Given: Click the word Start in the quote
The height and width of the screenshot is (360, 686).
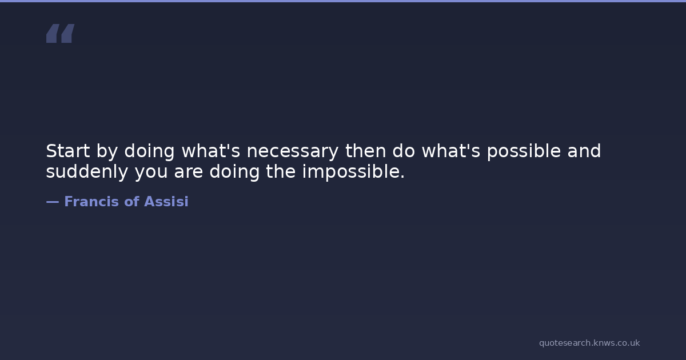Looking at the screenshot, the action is point(68,151).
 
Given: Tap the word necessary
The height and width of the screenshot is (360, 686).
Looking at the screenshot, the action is point(293,151).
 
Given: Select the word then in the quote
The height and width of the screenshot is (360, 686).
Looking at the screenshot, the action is point(366,151).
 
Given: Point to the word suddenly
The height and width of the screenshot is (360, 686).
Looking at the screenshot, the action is point(87,171).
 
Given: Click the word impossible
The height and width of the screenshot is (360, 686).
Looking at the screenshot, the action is point(351,172).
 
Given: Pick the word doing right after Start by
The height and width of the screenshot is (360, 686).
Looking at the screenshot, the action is point(149,151).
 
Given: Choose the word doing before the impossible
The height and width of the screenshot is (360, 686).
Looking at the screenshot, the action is point(234,172).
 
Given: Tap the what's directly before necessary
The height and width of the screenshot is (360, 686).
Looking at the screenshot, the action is point(211,151).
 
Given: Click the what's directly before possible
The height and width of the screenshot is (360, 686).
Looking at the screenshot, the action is point(451,151).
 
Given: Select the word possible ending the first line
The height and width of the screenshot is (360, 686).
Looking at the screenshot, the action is point(524,151).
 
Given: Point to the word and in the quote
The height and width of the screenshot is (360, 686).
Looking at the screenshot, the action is point(584,151).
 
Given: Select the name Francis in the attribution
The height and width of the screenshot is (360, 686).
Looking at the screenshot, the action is point(91,201).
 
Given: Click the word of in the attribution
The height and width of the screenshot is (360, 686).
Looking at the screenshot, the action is point(131,201).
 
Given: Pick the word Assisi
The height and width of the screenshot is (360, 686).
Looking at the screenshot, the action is point(166,201).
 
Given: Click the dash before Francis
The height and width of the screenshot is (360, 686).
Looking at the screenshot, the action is point(53,202).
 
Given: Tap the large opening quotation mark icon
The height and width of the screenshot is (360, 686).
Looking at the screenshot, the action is point(61,33).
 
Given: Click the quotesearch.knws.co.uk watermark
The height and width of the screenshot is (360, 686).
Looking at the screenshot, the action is point(589,343).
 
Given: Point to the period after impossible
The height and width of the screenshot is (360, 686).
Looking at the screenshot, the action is point(402,177).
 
